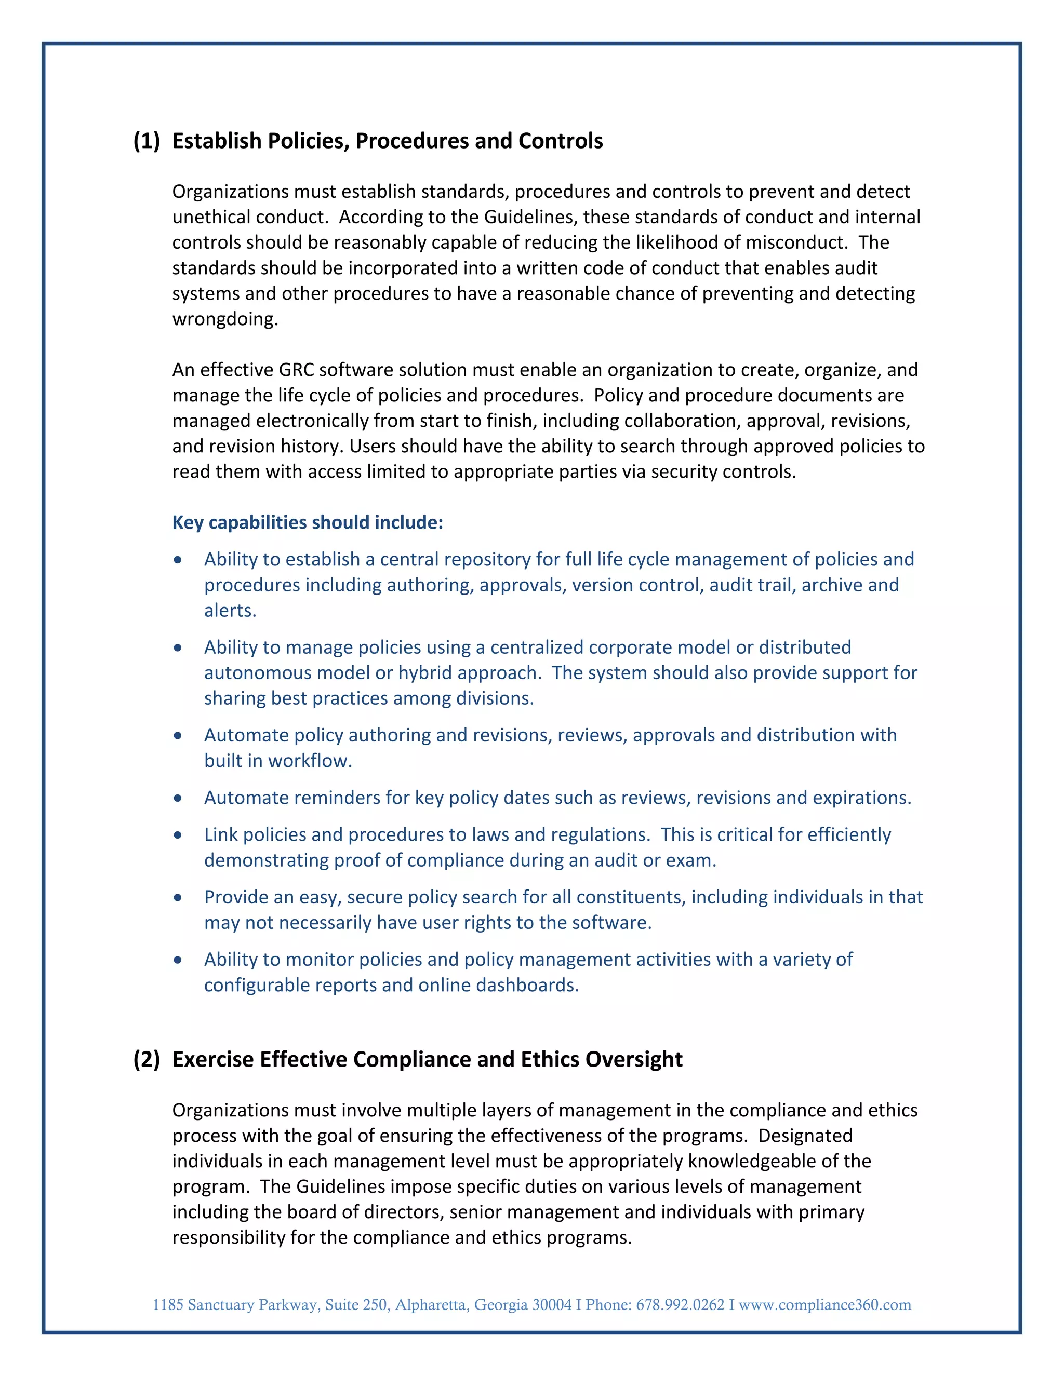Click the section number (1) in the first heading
tap(146, 141)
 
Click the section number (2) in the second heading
tap(146, 1060)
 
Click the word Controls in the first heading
tap(561, 141)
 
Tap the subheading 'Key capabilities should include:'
tap(308, 522)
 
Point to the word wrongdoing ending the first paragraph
tap(224, 319)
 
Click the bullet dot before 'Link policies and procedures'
tap(178, 835)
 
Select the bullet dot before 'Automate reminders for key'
tap(178, 798)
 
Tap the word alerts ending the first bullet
tap(230, 611)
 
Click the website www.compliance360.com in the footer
tap(824, 1305)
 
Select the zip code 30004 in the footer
tap(552, 1305)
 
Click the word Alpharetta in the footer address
tap(431, 1305)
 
